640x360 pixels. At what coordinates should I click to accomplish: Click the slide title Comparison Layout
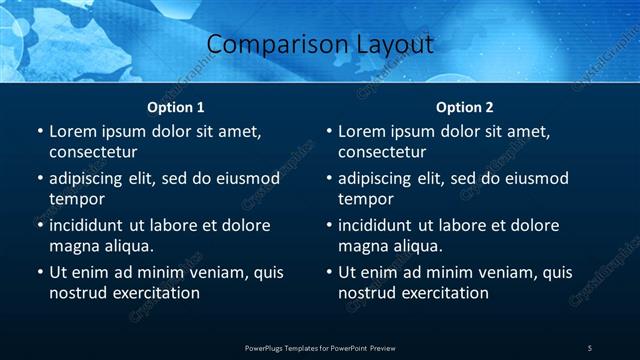point(320,45)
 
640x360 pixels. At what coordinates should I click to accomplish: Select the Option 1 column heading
point(176,107)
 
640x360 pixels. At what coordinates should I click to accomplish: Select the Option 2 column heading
point(465,107)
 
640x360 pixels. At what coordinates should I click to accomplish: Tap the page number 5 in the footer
point(589,347)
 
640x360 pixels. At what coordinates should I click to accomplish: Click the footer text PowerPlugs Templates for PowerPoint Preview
point(320,347)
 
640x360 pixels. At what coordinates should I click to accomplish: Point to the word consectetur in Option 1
point(93,152)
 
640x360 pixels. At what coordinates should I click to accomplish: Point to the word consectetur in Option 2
point(382,152)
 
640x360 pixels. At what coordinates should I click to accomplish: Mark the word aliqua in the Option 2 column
point(431,246)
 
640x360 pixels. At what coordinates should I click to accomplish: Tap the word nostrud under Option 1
point(77,293)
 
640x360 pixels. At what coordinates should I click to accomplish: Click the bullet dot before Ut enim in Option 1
point(39,273)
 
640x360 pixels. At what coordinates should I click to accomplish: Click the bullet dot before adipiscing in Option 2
point(328,179)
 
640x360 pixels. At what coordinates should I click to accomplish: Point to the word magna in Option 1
point(73,246)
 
